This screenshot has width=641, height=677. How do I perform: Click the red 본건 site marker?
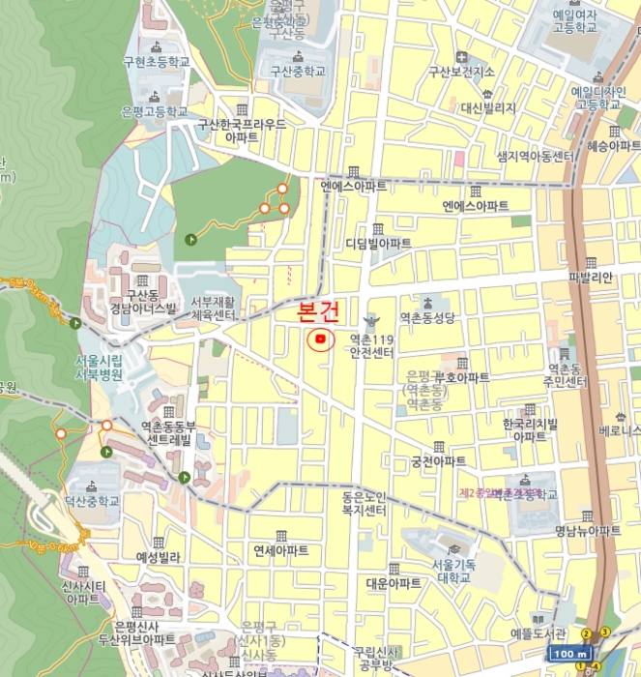(320, 338)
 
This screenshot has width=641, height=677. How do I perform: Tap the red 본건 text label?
(319, 311)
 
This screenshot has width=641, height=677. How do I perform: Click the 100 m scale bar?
(567, 654)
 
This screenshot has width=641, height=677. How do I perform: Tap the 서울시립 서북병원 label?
(99, 368)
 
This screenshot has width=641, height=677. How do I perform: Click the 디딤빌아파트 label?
(378, 243)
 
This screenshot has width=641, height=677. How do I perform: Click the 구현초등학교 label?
(156, 61)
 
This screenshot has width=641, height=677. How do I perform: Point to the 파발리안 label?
(592, 277)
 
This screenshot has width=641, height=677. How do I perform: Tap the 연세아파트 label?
(280, 549)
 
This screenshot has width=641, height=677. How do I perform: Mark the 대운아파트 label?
(393, 583)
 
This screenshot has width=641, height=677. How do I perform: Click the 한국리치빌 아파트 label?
(530, 430)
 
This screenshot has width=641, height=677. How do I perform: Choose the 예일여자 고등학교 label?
(574, 21)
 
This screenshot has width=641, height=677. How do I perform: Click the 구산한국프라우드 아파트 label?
(242, 131)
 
